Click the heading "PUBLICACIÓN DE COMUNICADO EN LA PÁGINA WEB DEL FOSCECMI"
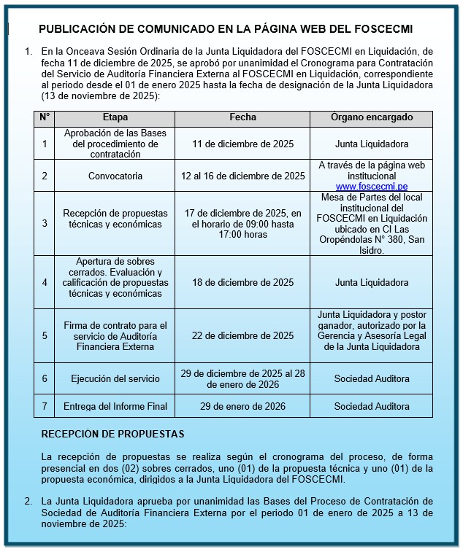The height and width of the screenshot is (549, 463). [225, 29]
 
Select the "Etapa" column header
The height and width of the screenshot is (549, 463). [115, 117]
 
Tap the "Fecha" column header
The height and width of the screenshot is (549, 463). [242, 117]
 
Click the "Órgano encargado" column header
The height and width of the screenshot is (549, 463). [371, 117]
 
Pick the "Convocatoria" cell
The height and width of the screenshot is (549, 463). [115, 176]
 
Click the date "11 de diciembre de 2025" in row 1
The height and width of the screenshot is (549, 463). [242, 144]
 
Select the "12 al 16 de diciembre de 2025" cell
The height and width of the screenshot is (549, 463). [242, 176]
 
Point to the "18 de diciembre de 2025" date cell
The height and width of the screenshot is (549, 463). [242, 283]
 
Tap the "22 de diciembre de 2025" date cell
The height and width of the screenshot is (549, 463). [242, 336]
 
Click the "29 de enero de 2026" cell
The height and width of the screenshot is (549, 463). [242, 406]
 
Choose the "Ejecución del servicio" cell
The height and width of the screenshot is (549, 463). [115, 379]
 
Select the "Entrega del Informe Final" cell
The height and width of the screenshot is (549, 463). [115, 406]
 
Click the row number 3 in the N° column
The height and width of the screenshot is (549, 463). [45, 224]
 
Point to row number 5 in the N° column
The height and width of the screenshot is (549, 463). [45, 336]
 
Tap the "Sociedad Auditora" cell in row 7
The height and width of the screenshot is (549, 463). [371, 406]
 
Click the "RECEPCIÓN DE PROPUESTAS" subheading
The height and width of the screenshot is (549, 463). [112, 434]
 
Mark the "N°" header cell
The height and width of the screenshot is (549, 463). [45, 117]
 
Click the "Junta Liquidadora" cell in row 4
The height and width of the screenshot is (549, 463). [371, 283]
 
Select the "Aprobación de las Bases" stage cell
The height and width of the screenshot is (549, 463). [115, 144]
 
